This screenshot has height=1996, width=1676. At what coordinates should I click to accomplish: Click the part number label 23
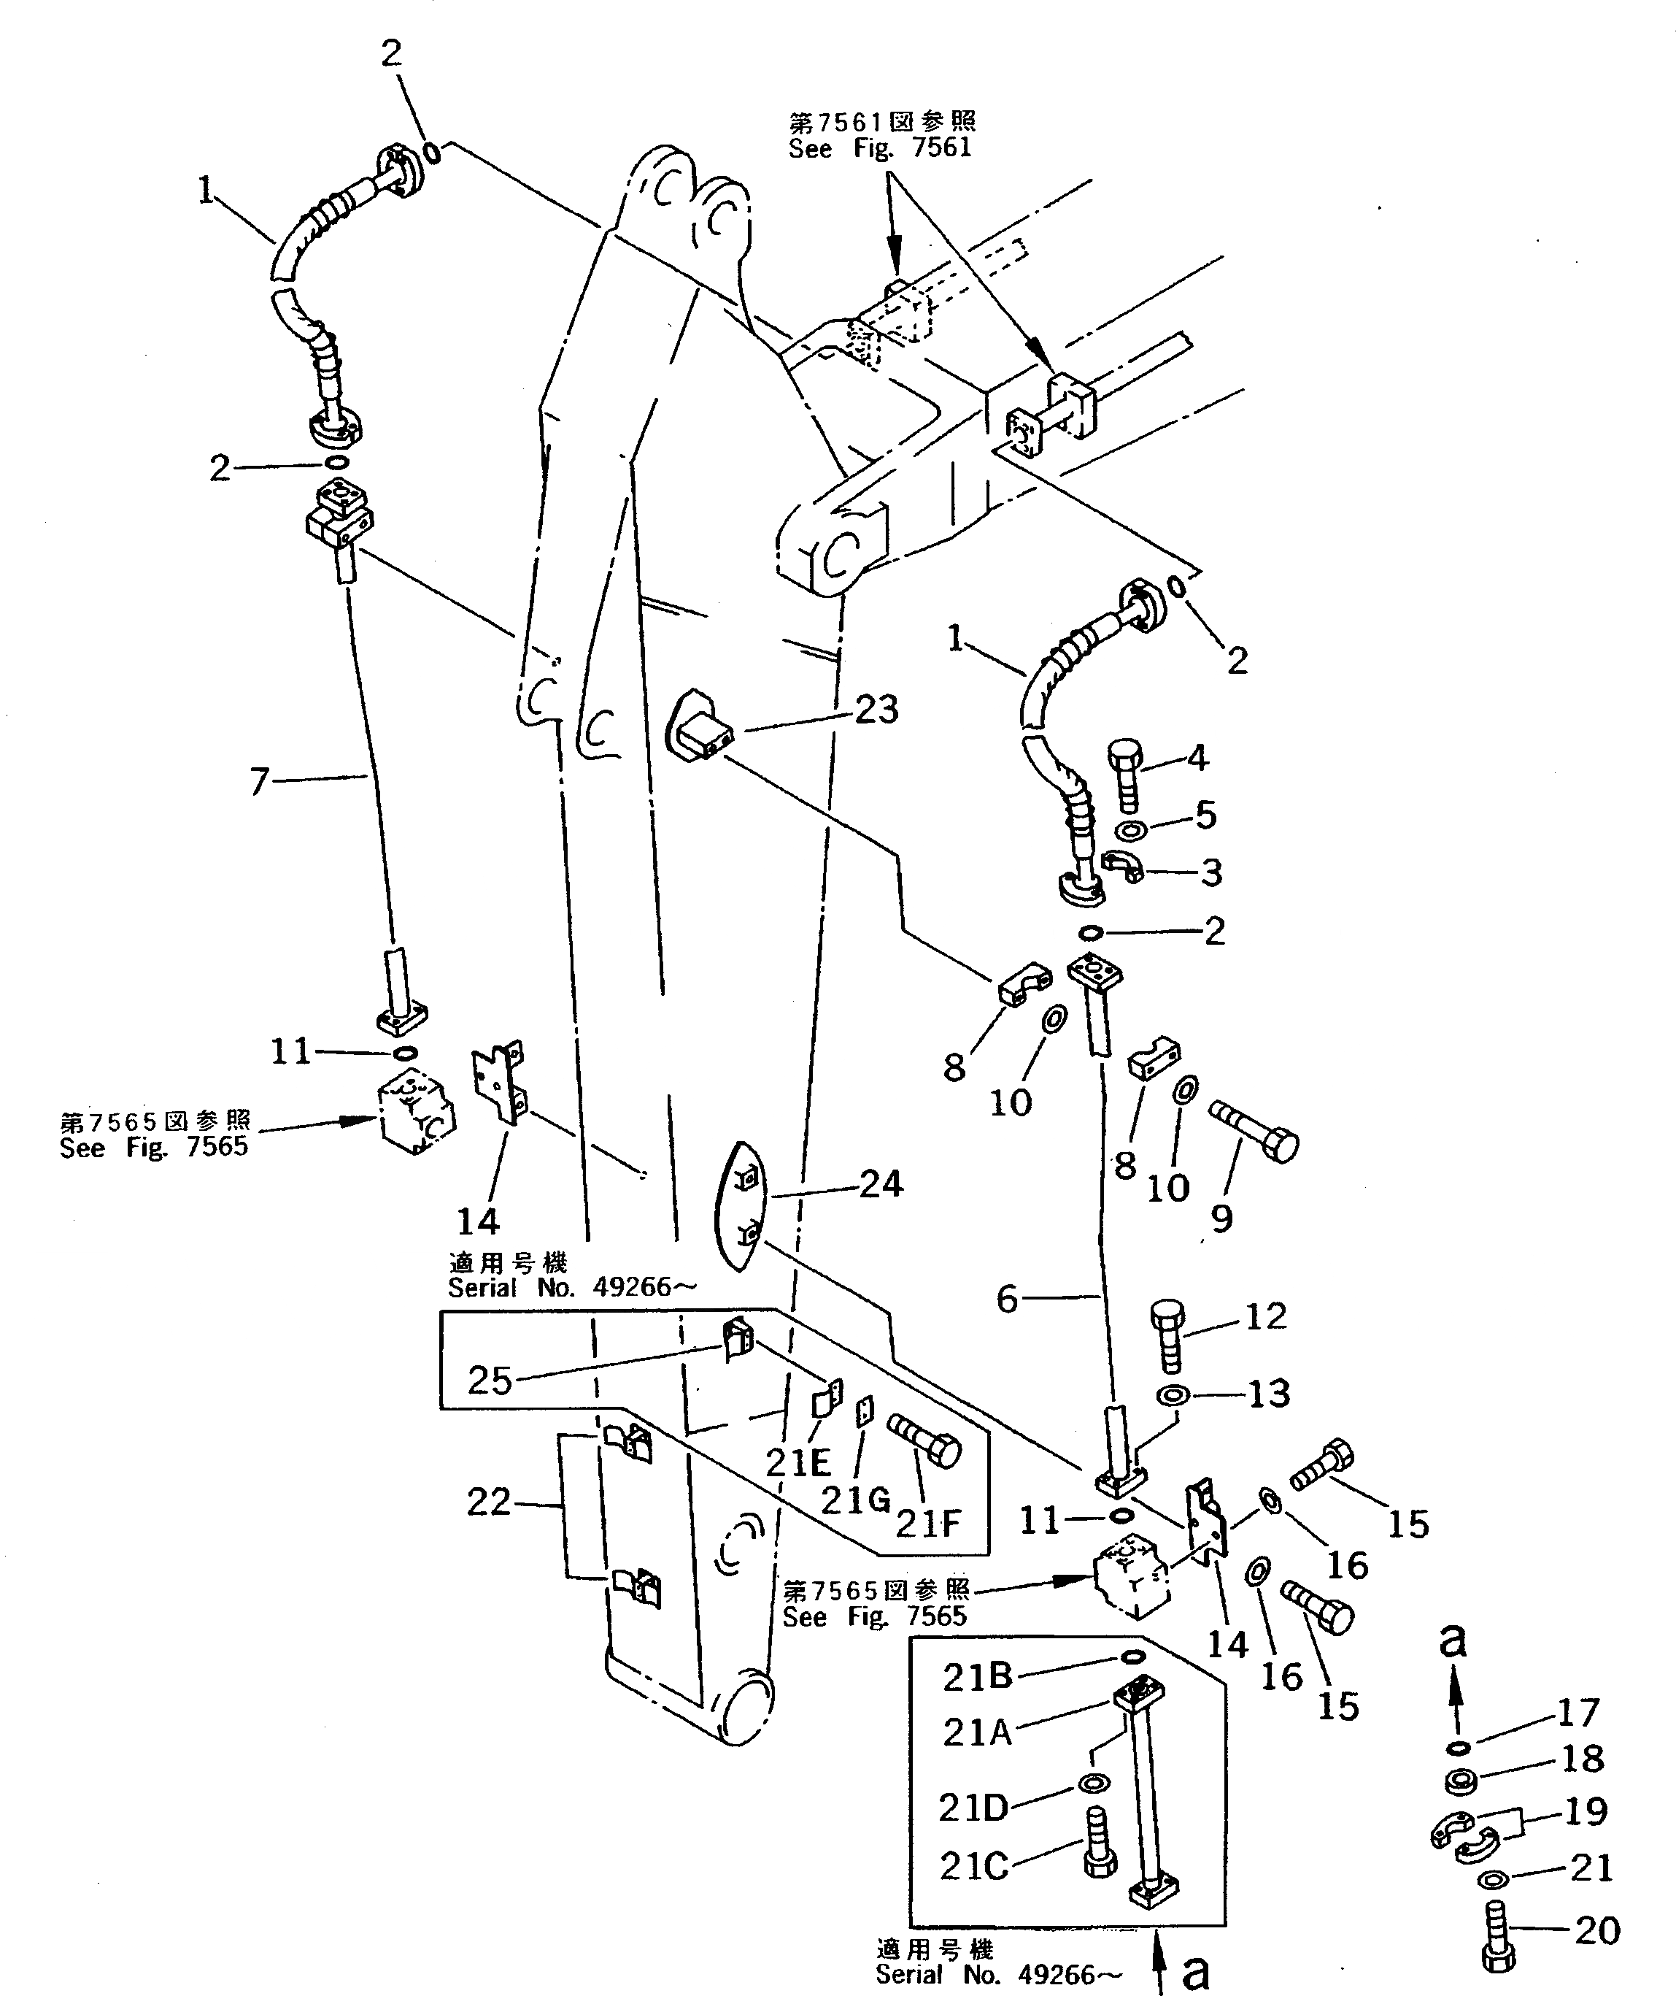[876, 709]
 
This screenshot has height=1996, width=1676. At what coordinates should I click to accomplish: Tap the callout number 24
[881, 1183]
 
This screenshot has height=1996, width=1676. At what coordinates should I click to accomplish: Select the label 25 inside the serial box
[490, 1380]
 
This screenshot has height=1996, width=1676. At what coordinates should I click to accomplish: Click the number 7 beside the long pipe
[259, 781]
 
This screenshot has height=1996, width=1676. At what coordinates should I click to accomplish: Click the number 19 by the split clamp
[1585, 1811]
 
